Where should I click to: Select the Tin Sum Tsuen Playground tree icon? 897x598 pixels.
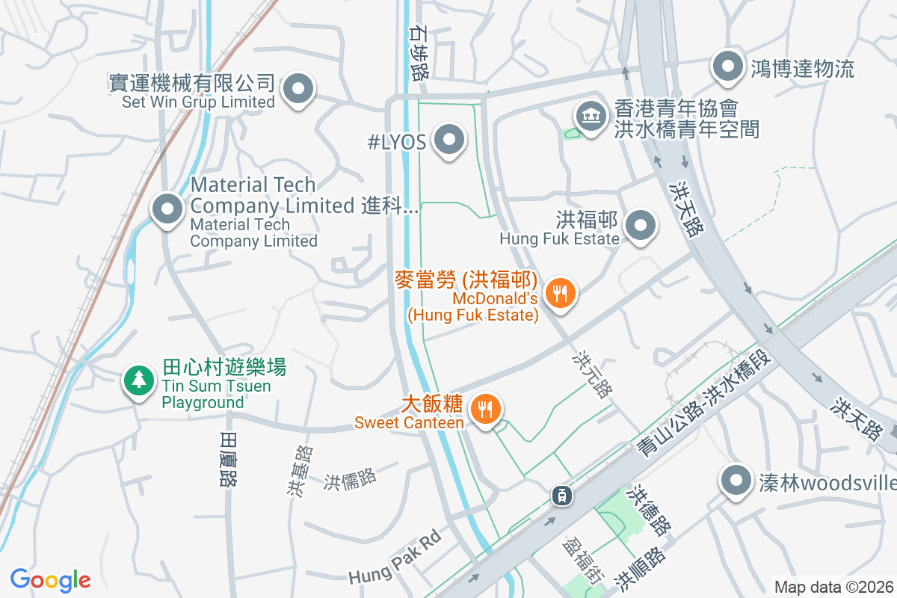coord(138,380)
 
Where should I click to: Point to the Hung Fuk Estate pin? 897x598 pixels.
coord(641,226)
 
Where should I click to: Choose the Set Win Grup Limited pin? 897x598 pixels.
coord(299,90)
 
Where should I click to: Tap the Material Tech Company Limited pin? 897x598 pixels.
coord(167,209)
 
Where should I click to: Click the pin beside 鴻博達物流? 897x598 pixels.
coord(727,68)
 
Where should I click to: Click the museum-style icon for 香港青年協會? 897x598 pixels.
coord(591,116)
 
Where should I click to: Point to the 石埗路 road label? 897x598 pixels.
coord(419,51)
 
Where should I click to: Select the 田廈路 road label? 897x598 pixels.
coord(229,459)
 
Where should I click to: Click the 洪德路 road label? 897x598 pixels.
coord(650,510)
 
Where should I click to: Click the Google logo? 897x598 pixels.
coord(50,580)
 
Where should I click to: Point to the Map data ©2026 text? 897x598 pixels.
coord(833,587)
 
